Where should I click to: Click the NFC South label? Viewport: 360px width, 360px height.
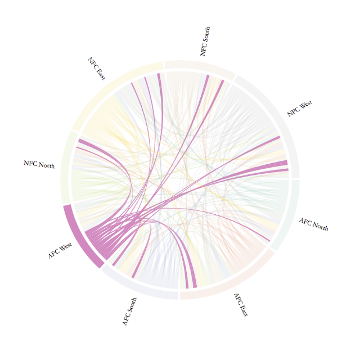coord(205,41)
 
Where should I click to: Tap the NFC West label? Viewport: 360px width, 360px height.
coord(300,108)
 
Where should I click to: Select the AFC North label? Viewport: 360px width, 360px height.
coord(314,224)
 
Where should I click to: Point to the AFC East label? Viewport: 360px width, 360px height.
coord(241,305)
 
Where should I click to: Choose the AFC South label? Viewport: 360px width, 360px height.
coord(129,312)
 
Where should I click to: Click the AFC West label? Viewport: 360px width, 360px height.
coord(60,250)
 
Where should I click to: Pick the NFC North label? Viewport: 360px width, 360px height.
coord(39,164)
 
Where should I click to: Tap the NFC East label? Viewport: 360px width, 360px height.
coord(96,69)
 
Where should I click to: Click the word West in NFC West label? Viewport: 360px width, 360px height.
coord(305,105)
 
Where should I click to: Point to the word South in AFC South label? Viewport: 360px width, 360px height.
coord(132,305)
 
